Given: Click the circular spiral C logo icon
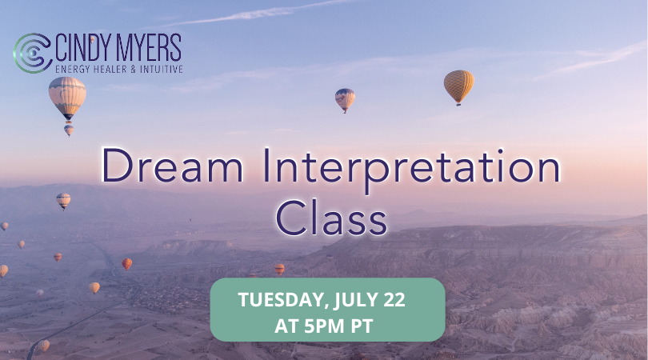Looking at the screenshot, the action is pos(32,53).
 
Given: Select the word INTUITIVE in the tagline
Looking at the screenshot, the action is pos(161,69).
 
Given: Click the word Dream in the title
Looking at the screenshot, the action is pos(172,165).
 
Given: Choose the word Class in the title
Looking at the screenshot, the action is pos(331,218).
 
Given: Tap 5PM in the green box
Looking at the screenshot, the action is pos(325,326).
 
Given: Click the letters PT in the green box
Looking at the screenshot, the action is pos(362,326).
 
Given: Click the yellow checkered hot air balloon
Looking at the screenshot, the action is pos(458,86).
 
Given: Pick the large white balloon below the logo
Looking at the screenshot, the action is pos(67,98).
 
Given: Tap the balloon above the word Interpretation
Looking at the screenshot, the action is pos(345,100).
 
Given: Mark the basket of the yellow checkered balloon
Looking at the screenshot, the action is pos(458,105).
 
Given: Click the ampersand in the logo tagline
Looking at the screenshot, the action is pos(133,69).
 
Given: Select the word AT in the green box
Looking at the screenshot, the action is pos(286,326).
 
